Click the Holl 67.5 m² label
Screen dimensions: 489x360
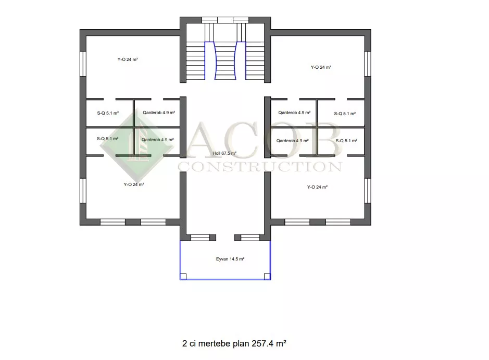224,153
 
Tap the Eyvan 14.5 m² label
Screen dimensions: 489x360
230,259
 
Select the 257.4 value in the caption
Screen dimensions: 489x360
262,343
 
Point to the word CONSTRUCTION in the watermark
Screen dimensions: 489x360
260,167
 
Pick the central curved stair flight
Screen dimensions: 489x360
225,60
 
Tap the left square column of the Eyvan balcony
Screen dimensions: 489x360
183,277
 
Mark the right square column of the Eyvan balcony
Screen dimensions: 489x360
267,277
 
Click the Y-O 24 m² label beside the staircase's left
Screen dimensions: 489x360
128,59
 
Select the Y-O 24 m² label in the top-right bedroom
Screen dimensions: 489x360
321,67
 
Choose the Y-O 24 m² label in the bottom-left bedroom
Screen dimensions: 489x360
134,184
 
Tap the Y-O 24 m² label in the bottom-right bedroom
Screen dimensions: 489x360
317,187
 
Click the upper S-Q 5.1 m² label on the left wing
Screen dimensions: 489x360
108,113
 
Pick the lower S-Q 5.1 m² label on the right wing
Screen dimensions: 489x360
346,141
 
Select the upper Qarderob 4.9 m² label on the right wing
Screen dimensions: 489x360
294,113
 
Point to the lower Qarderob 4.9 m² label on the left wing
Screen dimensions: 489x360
157,140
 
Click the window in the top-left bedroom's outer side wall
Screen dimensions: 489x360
83,64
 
